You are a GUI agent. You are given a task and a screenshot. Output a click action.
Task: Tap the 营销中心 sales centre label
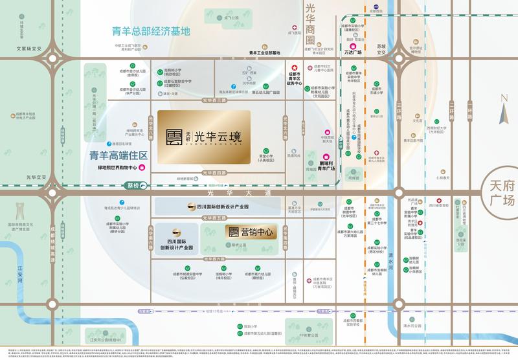251,232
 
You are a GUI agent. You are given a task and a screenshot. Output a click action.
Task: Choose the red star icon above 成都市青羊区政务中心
293,68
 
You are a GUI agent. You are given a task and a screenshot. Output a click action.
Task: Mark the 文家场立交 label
30,49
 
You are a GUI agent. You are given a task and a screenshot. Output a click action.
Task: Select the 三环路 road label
400,110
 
